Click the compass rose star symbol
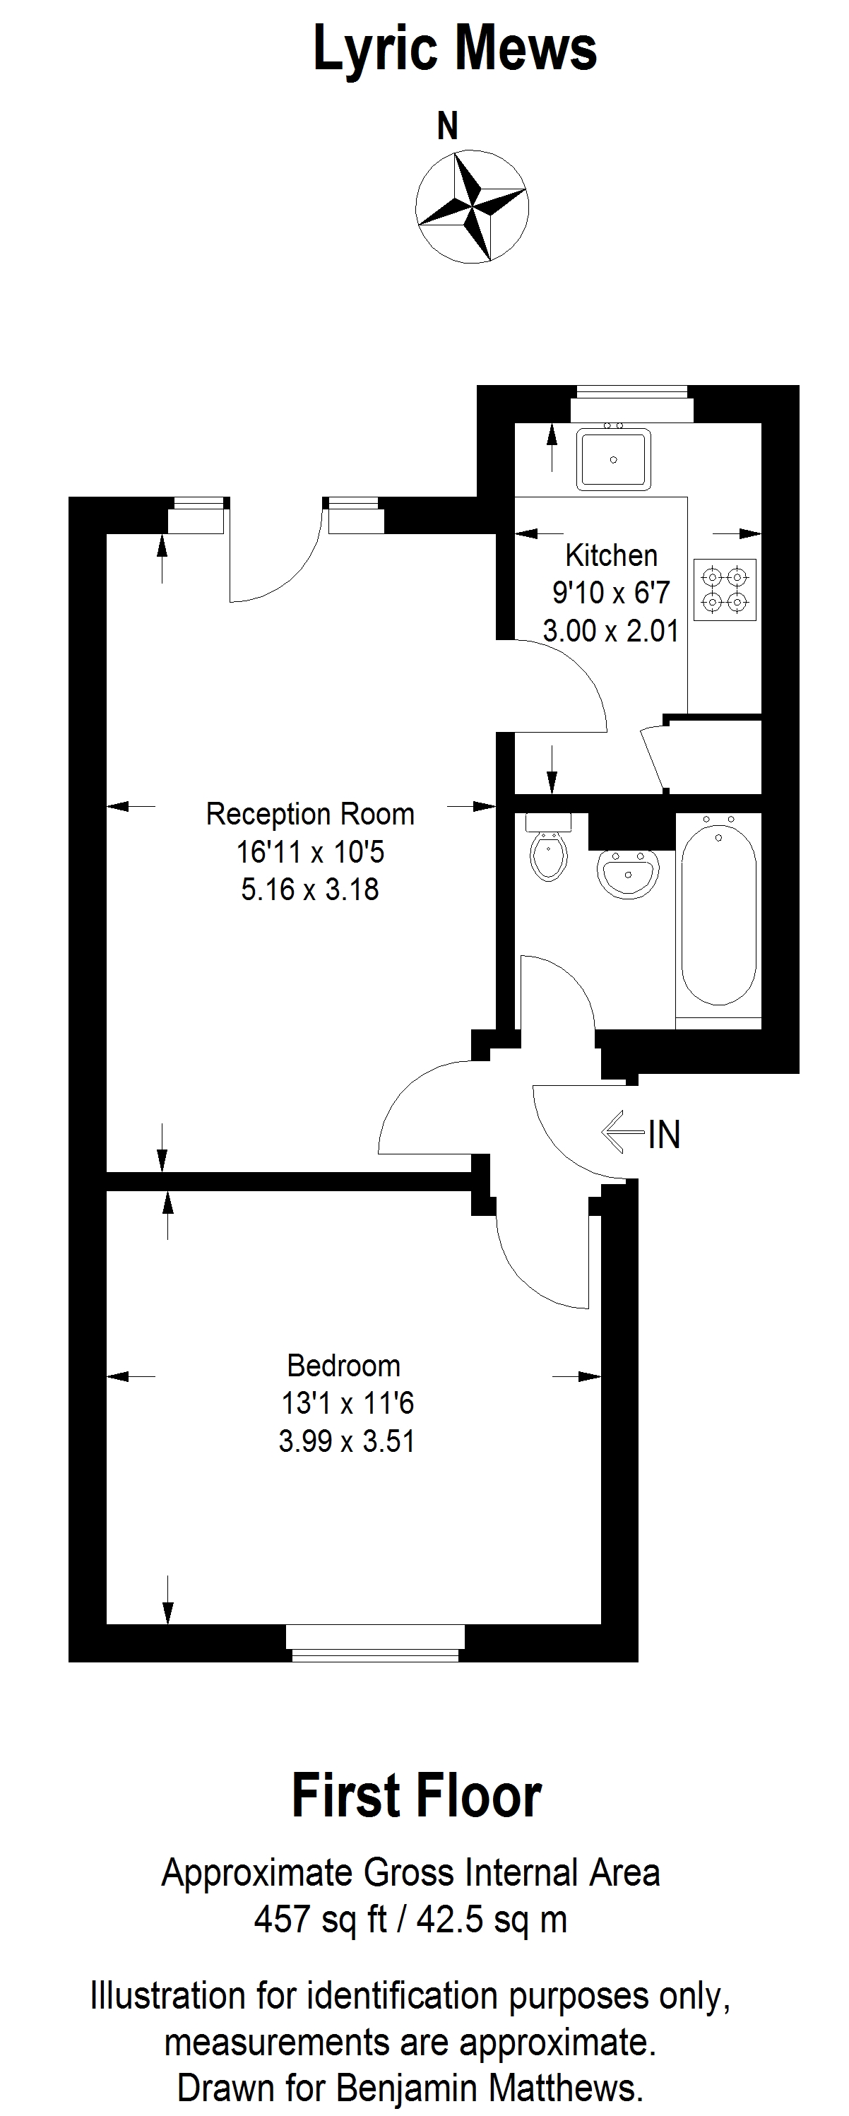[x=472, y=206]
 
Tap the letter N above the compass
[x=448, y=126]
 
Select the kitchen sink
[x=615, y=459]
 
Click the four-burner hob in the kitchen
[x=725, y=590]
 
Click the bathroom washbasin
[x=628, y=873]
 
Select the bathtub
[x=718, y=910]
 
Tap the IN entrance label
[x=664, y=1135]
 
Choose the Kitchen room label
[x=612, y=555]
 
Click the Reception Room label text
[x=310, y=814]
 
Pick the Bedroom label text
[x=344, y=1365]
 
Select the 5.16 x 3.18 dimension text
[x=310, y=889]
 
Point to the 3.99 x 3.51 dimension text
[x=347, y=1441]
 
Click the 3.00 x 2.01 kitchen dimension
[x=611, y=631]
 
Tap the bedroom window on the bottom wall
[x=375, y=1642]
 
